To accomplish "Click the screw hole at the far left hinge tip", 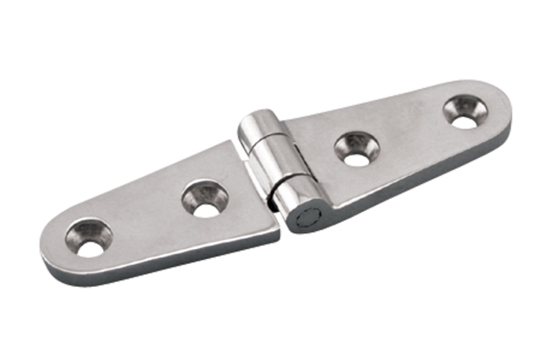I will click(89, 241).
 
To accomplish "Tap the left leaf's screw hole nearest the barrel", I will click(205, 201).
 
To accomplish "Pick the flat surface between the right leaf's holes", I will click(411, 133).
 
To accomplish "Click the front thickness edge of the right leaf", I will click(418, 180).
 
